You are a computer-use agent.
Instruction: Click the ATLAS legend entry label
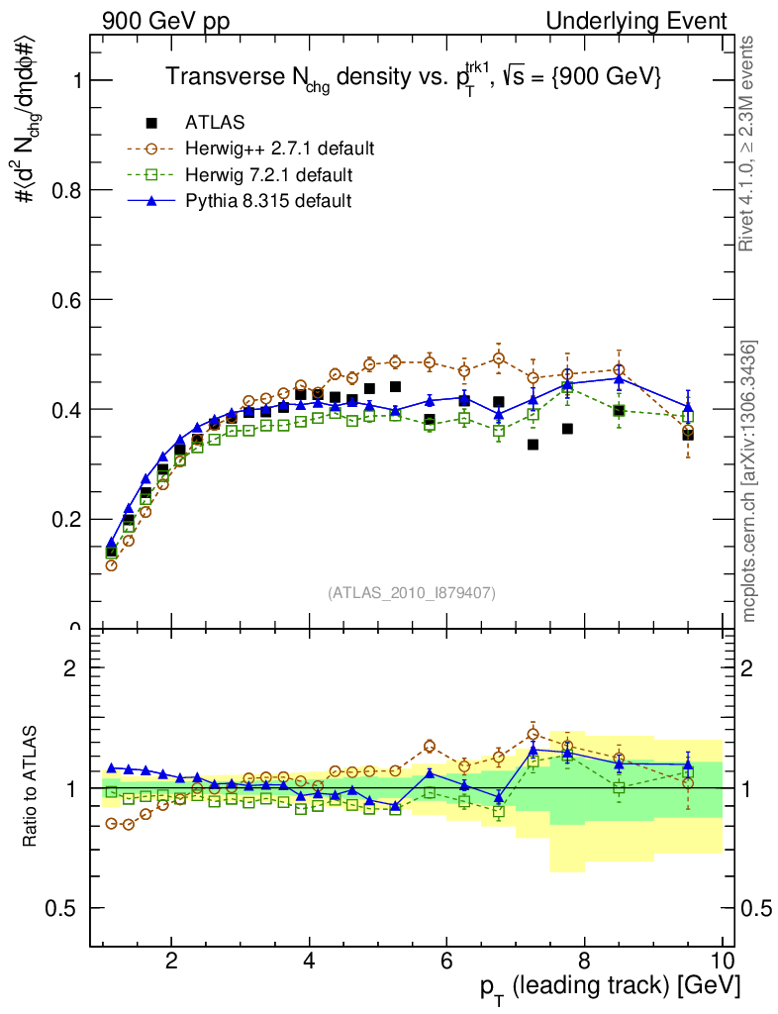215,123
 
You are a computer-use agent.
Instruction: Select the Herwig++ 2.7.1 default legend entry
279,150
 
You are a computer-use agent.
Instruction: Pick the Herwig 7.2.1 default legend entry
268,175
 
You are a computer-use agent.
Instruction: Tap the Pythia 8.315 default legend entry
268,201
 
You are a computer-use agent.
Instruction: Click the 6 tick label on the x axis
446,961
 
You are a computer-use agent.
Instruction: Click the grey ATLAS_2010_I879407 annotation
412,592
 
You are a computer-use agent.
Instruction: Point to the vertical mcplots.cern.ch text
749,480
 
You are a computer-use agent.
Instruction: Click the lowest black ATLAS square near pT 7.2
533,445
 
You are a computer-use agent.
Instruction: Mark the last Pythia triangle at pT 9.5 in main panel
688,407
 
